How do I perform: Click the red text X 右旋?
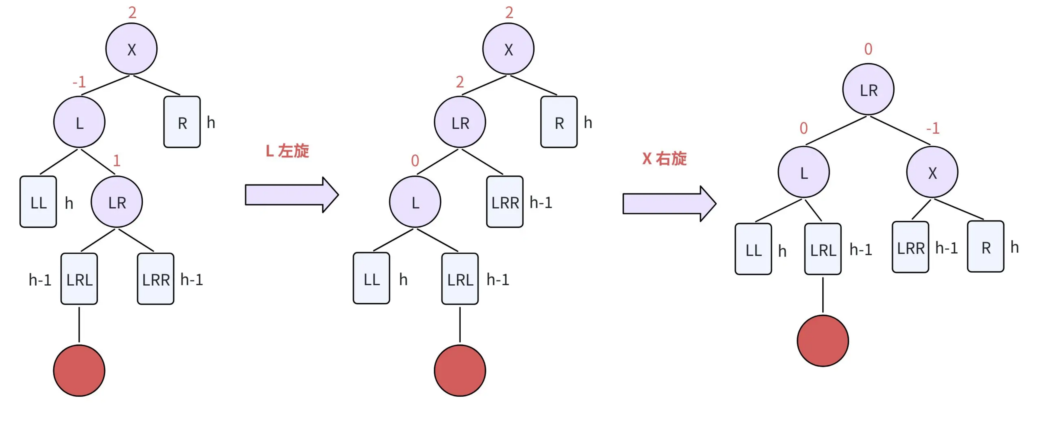point(664,159)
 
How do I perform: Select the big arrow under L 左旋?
point(292,195)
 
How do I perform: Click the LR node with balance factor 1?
point(117,202)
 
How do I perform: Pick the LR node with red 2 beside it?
point(460,122)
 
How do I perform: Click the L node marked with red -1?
point(80,122)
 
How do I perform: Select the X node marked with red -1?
point(932,172)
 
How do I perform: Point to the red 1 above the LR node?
point(117,160)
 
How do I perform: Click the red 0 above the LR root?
point(868,49)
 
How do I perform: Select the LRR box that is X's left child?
point(910,247)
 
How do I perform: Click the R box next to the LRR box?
point(985,246)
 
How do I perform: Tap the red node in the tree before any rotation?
point(79,370)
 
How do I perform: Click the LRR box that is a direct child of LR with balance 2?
point(505,202)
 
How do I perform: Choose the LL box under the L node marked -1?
point(38,202)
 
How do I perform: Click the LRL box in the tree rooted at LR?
point(823,249)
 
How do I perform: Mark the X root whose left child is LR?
point(508,49)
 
